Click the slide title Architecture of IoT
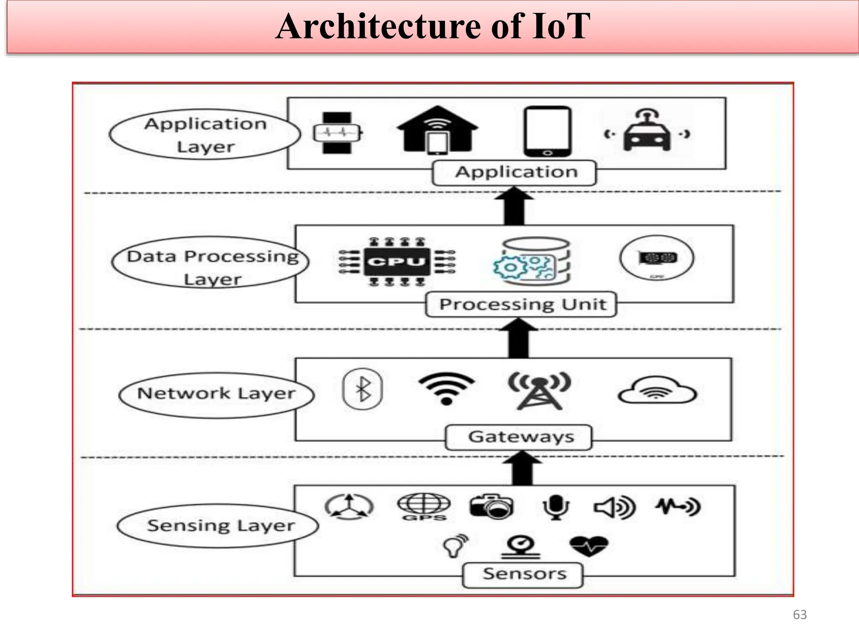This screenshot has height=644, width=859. (x=433, y=27)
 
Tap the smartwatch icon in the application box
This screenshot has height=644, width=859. (x=337, y=133)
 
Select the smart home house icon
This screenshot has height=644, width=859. (x=437, y=130)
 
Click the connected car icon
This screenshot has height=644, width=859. (x=647, y=132)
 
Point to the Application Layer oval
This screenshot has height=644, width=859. (x=205, y=135)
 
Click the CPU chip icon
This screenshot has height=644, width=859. (x=396, y=262)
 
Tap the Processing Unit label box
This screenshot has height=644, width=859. (x=521, y=304)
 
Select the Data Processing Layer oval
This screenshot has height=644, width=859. (x=211, y=263)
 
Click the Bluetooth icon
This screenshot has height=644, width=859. (x=363, y=389)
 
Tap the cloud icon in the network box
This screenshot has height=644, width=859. (x=657, y=391)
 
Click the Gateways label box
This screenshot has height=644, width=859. (x=519, y=437)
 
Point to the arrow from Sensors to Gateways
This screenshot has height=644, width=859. (x=523, y=469)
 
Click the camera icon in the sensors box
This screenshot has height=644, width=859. (x=492, y=506)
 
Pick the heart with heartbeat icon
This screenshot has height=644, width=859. (x=588, y=545)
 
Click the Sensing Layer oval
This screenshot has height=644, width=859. (x=218, y=526)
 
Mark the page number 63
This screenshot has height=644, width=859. (x=799, y=615)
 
